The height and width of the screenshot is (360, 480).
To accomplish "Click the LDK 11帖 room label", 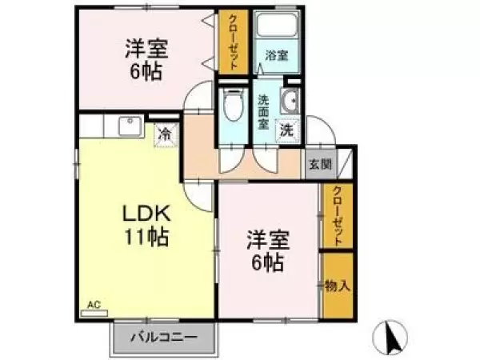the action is click(146, 225).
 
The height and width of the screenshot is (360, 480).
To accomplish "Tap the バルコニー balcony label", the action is click(164, 338).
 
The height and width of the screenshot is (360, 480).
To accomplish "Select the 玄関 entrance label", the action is click(321, 164).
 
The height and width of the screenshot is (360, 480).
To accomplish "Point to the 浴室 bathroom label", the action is click(277, 55).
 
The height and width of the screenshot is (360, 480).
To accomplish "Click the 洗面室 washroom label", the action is click(263, 112).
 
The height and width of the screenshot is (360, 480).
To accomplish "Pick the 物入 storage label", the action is click(338, 286).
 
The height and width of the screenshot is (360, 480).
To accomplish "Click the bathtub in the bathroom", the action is click(278, 25).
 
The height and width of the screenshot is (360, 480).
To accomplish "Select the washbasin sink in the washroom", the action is click(290, 101).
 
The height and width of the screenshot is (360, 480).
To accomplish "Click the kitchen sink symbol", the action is click(130, 126).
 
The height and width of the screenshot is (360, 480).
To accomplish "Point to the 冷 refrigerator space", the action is click(166, 134).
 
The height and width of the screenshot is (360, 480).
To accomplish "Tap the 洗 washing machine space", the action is click(287, 130).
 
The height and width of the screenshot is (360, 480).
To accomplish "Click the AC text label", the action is click(94, 305).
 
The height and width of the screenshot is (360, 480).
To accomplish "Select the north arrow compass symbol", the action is click(390, 336).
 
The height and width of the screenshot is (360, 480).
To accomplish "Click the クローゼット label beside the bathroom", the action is click(233, 42).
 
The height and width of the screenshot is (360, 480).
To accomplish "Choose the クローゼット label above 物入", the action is click(338, 216).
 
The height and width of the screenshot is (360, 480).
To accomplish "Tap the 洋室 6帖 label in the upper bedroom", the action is click(146, 60).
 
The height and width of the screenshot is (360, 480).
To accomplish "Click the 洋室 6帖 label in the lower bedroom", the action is click(268, 252).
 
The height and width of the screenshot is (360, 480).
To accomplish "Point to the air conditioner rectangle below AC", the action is click(94, 313).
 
